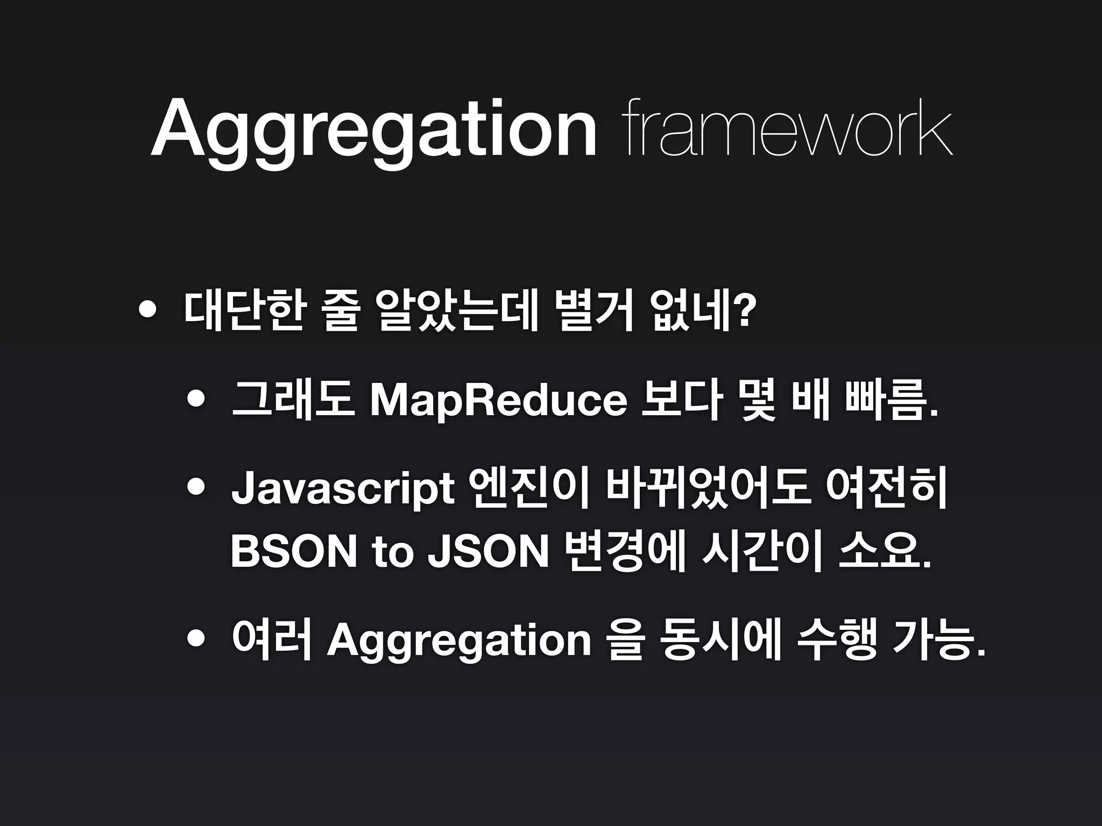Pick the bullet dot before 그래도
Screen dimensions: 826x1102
(x=196, y=400)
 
